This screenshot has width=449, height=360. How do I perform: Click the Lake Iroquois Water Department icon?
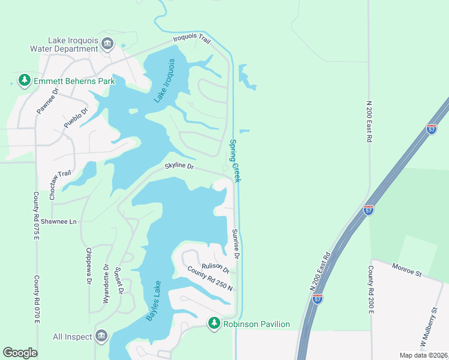pos(107,43)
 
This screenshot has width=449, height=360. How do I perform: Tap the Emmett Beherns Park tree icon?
pos(24,80)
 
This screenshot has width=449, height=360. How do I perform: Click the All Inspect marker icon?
pos(100,337)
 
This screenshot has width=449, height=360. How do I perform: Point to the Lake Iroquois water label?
pos(164,81)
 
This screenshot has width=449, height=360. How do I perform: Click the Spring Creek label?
pos(235,161)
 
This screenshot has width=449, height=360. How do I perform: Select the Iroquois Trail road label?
pos(191,39)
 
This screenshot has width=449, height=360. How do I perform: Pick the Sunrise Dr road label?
pos(236,243)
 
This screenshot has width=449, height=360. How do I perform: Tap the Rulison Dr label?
pos(215,267)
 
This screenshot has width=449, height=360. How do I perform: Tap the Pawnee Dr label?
pos(47,101)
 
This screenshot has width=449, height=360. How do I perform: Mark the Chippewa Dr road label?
pos(89,265)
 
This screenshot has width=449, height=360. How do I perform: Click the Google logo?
pos(20,353)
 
